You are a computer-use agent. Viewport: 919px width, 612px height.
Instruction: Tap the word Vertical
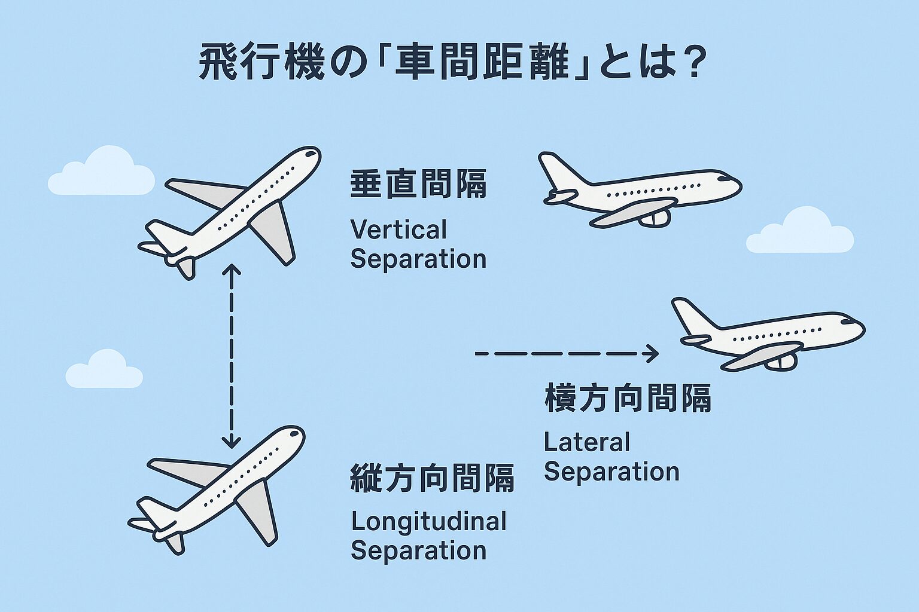point(398,230)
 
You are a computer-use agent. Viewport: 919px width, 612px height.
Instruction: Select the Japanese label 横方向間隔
point(628,398)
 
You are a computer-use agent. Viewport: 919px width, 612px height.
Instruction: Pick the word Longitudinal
point(428,522)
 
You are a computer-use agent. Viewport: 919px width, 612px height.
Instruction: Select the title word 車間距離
point(482,63)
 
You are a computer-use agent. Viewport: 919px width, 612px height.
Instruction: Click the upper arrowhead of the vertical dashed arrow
point(231,270)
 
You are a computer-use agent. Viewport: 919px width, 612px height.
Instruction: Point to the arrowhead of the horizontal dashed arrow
point(651,354)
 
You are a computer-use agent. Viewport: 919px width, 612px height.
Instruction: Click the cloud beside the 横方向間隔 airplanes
point(799,232)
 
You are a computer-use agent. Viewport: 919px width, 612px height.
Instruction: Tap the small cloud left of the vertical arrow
point(104,371)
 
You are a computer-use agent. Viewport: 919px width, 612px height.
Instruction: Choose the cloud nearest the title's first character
point(102,173)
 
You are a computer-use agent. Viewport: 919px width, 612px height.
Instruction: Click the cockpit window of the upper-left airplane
point(310,154)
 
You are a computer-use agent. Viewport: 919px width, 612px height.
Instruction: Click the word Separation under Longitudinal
point(418,550)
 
